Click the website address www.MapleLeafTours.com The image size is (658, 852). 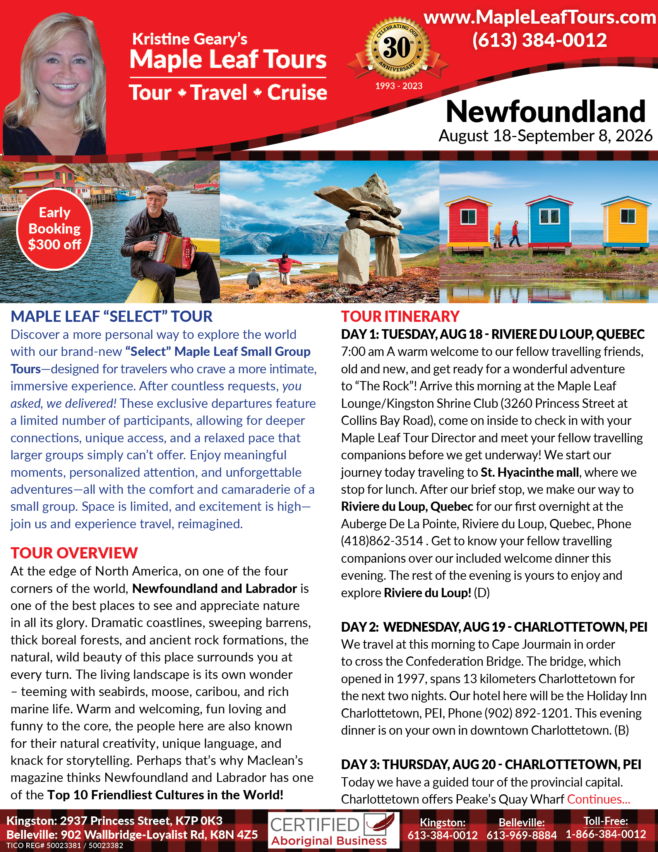coord(540,17)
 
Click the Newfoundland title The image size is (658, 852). coord(545,112)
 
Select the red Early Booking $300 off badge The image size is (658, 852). coord(54,229)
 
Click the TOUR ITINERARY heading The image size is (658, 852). coord(400,316)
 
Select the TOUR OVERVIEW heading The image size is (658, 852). coord(74,553)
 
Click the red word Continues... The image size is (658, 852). coord(598,799)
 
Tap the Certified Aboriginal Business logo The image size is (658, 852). coord(334,830)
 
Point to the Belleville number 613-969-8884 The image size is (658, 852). coord(521,835)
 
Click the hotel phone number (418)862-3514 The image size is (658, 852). coord(382,541)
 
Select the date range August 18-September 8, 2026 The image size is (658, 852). coord(545,136)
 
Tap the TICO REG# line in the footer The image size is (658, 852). coord(65,846)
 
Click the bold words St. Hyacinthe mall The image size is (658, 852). coord(529,472)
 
